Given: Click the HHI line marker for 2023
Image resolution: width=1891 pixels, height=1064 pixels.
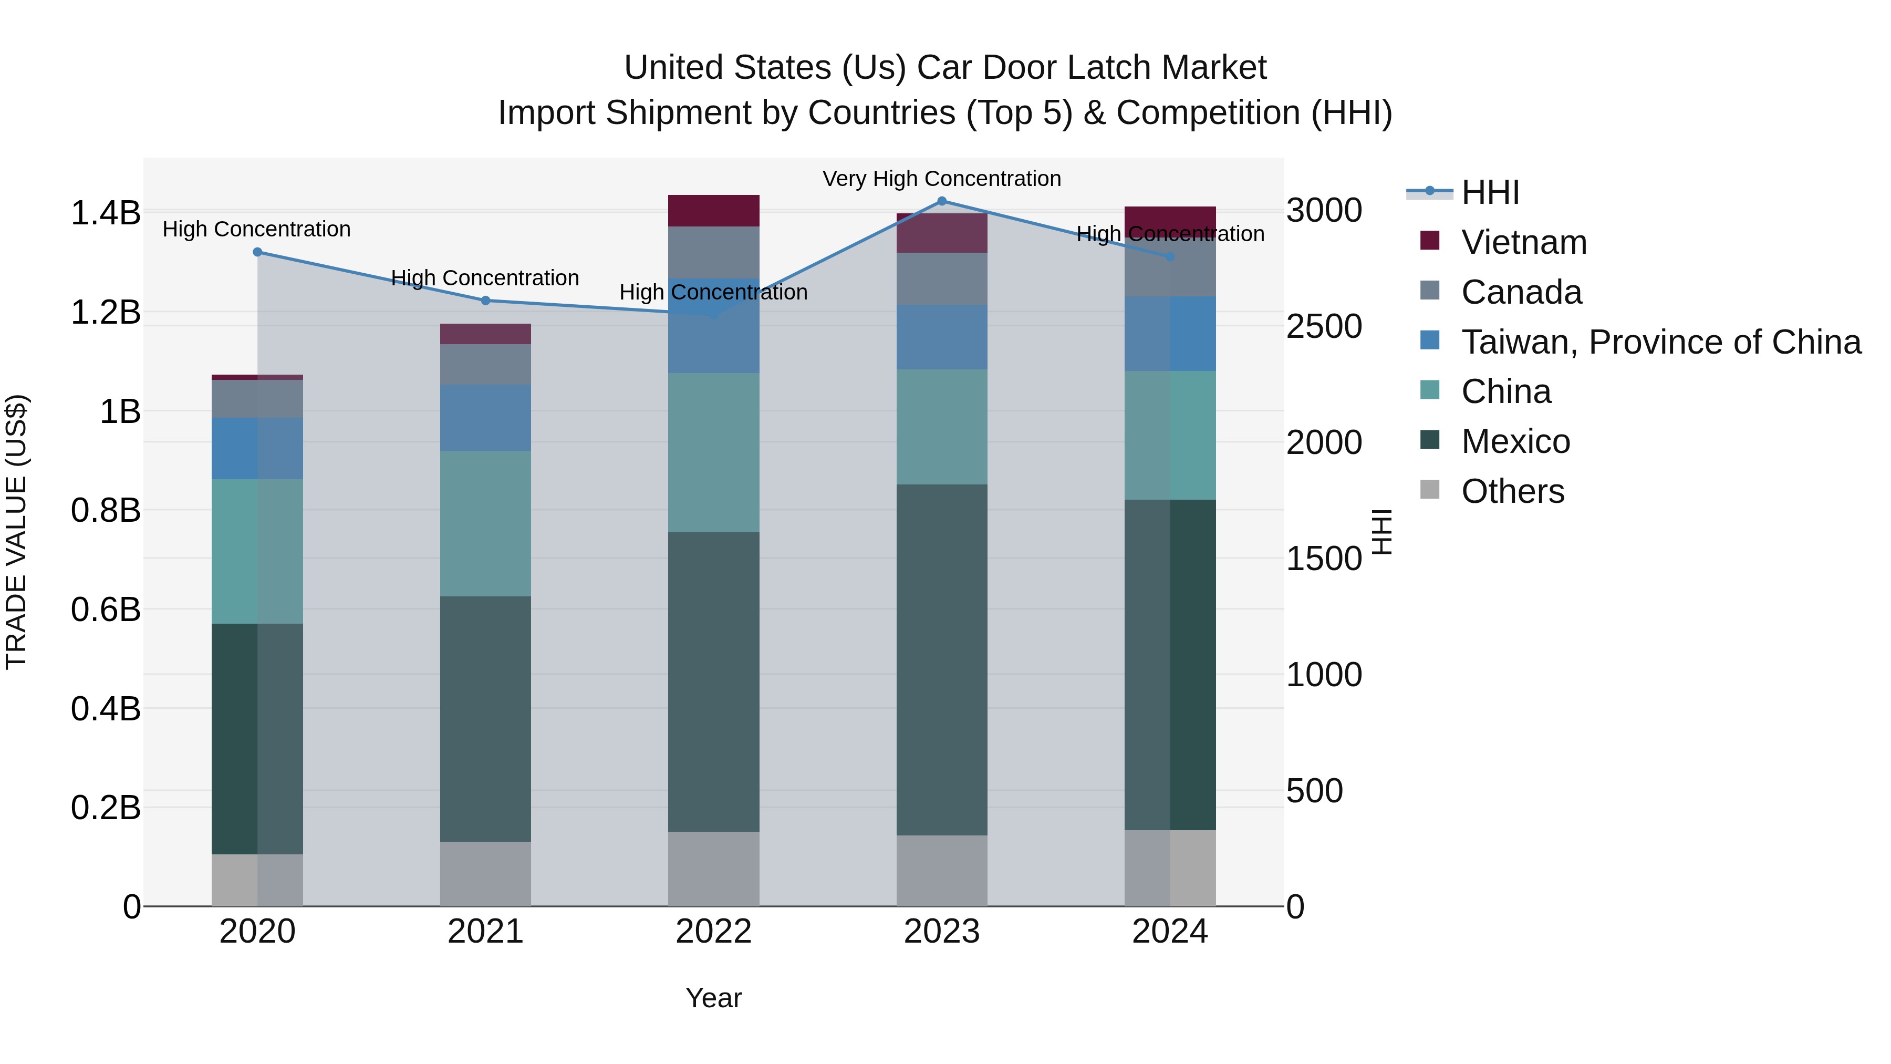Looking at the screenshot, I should [942, 201].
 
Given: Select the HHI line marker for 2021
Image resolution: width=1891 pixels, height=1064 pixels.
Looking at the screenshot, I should [485, 301].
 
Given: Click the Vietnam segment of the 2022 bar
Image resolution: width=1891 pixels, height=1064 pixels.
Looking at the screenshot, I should [713, 211].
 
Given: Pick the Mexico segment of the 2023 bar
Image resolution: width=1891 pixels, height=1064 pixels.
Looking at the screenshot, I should [942, 659].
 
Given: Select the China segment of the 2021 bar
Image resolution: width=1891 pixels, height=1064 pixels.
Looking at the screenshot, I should [485, 523].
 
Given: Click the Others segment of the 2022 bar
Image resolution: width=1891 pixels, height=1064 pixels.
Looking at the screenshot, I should [713, 869].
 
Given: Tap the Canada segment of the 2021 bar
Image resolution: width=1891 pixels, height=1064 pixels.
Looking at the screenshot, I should [485, 364].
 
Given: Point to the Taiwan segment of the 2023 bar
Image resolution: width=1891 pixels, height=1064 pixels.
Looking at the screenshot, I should [942, 337].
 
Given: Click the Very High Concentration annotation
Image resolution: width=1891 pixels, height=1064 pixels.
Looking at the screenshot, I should [942, 179].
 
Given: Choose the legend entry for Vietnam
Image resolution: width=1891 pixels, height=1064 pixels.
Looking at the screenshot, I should [1523, 242].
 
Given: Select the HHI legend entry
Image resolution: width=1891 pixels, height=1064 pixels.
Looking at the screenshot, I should [1490, 192].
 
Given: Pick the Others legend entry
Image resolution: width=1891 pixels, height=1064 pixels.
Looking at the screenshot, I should [1512, 491].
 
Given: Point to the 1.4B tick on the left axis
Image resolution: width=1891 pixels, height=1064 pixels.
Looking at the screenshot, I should [105, 213].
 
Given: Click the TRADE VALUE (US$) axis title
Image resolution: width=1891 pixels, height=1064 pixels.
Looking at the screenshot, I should [16, 532].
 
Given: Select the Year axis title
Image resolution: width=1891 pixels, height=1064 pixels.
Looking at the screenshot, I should [713, 998].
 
